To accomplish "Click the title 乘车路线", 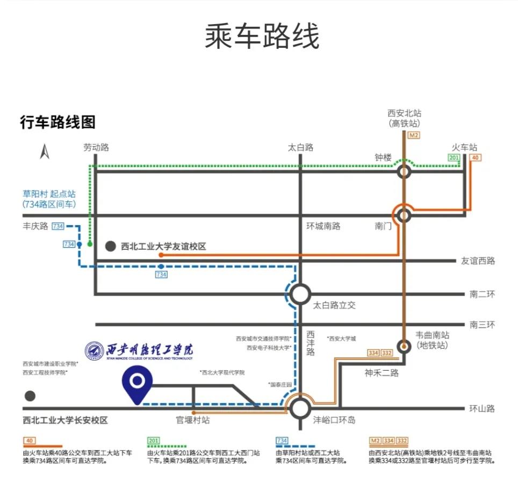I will coord(262,37).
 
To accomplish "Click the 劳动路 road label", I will coord(96,148).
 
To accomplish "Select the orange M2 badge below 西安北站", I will coord(413,135).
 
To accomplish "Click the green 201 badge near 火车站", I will coord(454,157).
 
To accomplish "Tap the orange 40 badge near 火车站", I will coord(475,157).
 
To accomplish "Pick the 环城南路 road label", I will coord(323,226).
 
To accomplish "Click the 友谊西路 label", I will coord(478,261).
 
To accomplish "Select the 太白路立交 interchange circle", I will coord(300,294).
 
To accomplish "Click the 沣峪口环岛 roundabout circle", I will coord(300,408).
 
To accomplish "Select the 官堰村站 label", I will coord(193,420).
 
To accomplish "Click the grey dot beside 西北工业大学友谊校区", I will coord(110,247).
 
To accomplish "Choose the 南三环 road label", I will coord(481,325).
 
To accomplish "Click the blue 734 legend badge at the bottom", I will coord(282,441).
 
